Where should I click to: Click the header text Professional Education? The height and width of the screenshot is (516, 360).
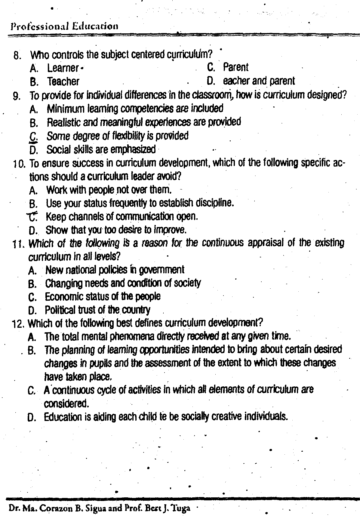pos(64,26)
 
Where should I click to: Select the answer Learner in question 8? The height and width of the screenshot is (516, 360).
pos(63,69)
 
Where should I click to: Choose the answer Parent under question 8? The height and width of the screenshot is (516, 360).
pos(235,67)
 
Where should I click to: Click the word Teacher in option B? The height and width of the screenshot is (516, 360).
pos(63,81)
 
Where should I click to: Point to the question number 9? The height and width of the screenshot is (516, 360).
pos(17,96)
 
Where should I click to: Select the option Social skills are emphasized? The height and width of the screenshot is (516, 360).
pos(101,149)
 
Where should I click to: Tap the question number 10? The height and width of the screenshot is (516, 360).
pos(19,164)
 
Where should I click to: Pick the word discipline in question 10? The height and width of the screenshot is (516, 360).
pos(215,203)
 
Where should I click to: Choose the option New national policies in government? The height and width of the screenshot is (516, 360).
pos(115,270)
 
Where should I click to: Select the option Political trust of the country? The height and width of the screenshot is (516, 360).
pos(97,310)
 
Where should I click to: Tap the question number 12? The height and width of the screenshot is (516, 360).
pos(18,324)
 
